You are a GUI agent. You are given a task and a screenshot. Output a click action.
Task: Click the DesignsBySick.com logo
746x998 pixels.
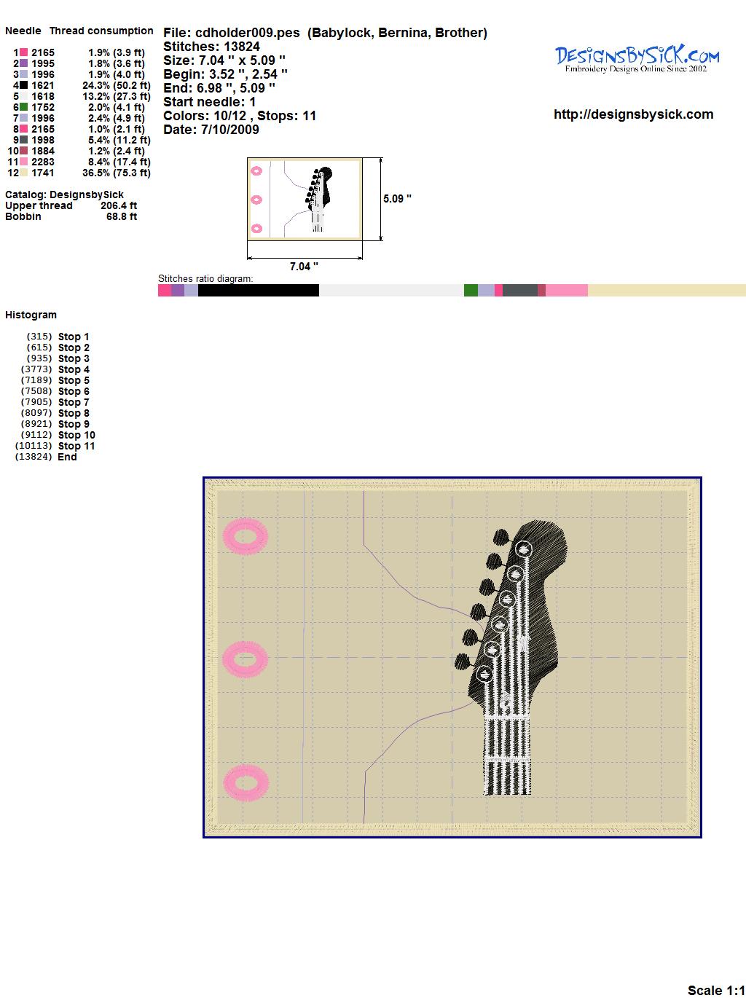[x=637, y=59]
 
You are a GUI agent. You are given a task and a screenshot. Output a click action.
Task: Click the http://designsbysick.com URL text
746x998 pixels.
[x=633, y=114]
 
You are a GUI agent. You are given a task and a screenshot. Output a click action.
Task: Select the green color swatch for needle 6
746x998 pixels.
[x=23, y=107]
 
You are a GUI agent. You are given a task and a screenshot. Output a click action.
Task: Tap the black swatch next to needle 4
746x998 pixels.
[x=23, y=85]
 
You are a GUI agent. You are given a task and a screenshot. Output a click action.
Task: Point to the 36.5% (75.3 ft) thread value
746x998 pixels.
[x=117, y=173]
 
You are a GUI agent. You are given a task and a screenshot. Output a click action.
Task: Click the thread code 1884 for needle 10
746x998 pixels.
[x=43, y=151]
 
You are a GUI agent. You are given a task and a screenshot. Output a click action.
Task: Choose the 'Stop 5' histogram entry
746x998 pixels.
[x=74, y=380]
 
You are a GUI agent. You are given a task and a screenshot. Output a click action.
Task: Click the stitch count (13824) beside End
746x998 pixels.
[x=34, y=457]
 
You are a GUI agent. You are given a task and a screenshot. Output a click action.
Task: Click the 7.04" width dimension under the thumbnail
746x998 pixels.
[x=304, y=267]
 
